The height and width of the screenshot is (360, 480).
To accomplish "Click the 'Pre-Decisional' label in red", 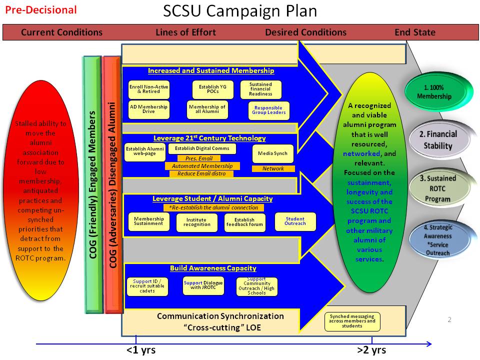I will pos(41,10).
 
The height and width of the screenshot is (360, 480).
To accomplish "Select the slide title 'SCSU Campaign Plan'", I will pos(240,11).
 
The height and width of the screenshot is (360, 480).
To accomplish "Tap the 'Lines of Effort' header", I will pos(185,32).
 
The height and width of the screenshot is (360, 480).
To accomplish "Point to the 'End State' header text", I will pos(415,32).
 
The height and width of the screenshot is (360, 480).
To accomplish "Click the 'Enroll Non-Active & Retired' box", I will pos(148,89).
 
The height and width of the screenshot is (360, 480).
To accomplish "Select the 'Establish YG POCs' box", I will pos(212,89).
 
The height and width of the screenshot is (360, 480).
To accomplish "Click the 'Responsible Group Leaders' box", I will pos(268,110).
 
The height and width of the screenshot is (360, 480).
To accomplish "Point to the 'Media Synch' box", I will pos(273,153).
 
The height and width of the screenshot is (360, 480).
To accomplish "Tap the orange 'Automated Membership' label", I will pos(202,166).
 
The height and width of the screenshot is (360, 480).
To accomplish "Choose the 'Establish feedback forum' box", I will pos(244,222).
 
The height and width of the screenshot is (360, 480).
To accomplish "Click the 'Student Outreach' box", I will pos(295,221).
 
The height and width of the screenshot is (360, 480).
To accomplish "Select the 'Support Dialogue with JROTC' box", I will pos(203,285).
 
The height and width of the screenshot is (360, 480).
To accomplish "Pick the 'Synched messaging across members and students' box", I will pos(352,321).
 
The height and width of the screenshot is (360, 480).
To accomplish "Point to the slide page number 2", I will pos(449,319).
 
